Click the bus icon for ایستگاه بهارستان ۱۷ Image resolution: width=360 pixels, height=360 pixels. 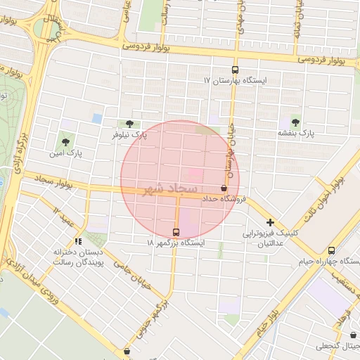coord(235,70)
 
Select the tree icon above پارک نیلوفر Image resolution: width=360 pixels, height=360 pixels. coord(129,123)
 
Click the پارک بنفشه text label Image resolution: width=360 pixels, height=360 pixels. coord(295,132)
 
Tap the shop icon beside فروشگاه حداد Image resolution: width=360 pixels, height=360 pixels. coord(224,188)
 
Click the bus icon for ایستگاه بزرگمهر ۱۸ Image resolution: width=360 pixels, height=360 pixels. coord(176,232)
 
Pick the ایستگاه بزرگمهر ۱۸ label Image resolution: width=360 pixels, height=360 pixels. coord(176,243)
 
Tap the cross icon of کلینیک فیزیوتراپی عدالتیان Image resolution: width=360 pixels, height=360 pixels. coord(270,222)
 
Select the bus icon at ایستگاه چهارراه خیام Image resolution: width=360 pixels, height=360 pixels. coord(331,250)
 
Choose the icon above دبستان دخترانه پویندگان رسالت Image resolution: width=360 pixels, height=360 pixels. coord(78,240)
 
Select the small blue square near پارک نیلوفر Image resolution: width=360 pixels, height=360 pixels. coord(97,118)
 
